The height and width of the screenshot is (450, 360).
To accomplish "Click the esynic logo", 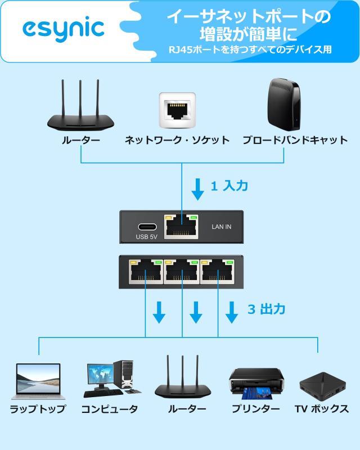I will (x=63, y=29).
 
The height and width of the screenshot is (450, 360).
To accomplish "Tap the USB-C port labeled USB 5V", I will (x=146, y=228).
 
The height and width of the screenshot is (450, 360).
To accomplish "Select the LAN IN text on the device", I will (x=221, y=228).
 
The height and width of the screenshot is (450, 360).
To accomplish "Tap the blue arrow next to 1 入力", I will (x=197, y=189).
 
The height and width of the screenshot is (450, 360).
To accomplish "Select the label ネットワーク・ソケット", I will (x=177, y=140).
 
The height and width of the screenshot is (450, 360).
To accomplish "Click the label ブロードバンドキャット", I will (x=295, y=140).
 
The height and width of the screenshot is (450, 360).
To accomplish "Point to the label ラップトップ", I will (x=38, y=409).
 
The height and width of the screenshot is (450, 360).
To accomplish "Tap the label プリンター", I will (x=256, y=409).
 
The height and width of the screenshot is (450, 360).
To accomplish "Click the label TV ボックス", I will (x=322, y=409).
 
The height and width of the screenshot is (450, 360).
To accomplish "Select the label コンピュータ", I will (x=110, y=409).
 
